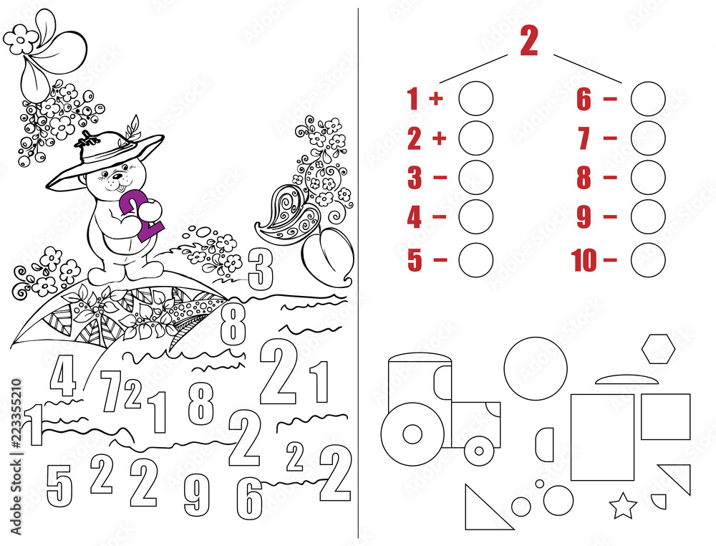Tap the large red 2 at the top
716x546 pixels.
pos(528,42)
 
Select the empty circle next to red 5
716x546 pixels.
pos(475,259)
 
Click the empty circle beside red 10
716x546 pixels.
pos(649,259)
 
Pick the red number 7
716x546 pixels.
pos(584,138)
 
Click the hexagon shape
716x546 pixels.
pos(658,349)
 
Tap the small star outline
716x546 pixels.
pos(623,506)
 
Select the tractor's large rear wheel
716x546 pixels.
pos(412,433)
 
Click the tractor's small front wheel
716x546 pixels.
pos(479,451)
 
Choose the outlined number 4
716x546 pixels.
pos(63,375)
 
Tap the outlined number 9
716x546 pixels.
pos(196,495)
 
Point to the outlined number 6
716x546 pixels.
pos(249,497)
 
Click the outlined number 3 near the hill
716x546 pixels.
pos(261,269)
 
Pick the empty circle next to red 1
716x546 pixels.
pos(475,99)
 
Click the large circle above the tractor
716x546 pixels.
pos(535,368)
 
